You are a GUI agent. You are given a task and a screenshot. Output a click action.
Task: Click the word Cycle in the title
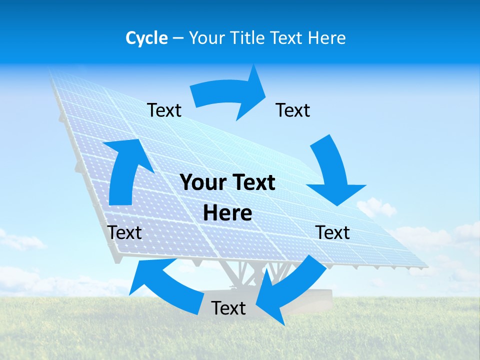pyautogui.click(x=146, y=38)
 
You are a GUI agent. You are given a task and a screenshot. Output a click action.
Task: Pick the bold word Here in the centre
pyautogui.click(x=227, y=213)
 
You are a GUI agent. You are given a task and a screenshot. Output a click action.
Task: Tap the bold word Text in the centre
pyautogui.click(x=252, y=182)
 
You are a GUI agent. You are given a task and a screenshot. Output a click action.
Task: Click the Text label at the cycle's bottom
pyautogui.click(x=228, y=308)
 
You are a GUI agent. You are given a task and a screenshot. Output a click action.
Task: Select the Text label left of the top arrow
pyautogui.click(x=164, y=110)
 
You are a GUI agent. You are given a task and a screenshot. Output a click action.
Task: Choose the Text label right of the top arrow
pyautogui.click(x=293, y=110)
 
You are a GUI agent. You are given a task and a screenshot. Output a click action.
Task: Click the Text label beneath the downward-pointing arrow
pyautogui.click(x=332, y=232)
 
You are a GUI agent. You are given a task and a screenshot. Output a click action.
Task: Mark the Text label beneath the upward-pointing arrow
pyautogui.click(x=124, y=232)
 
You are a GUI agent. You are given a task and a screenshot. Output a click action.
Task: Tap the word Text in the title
pyautogui.click(x=291, y=38)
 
